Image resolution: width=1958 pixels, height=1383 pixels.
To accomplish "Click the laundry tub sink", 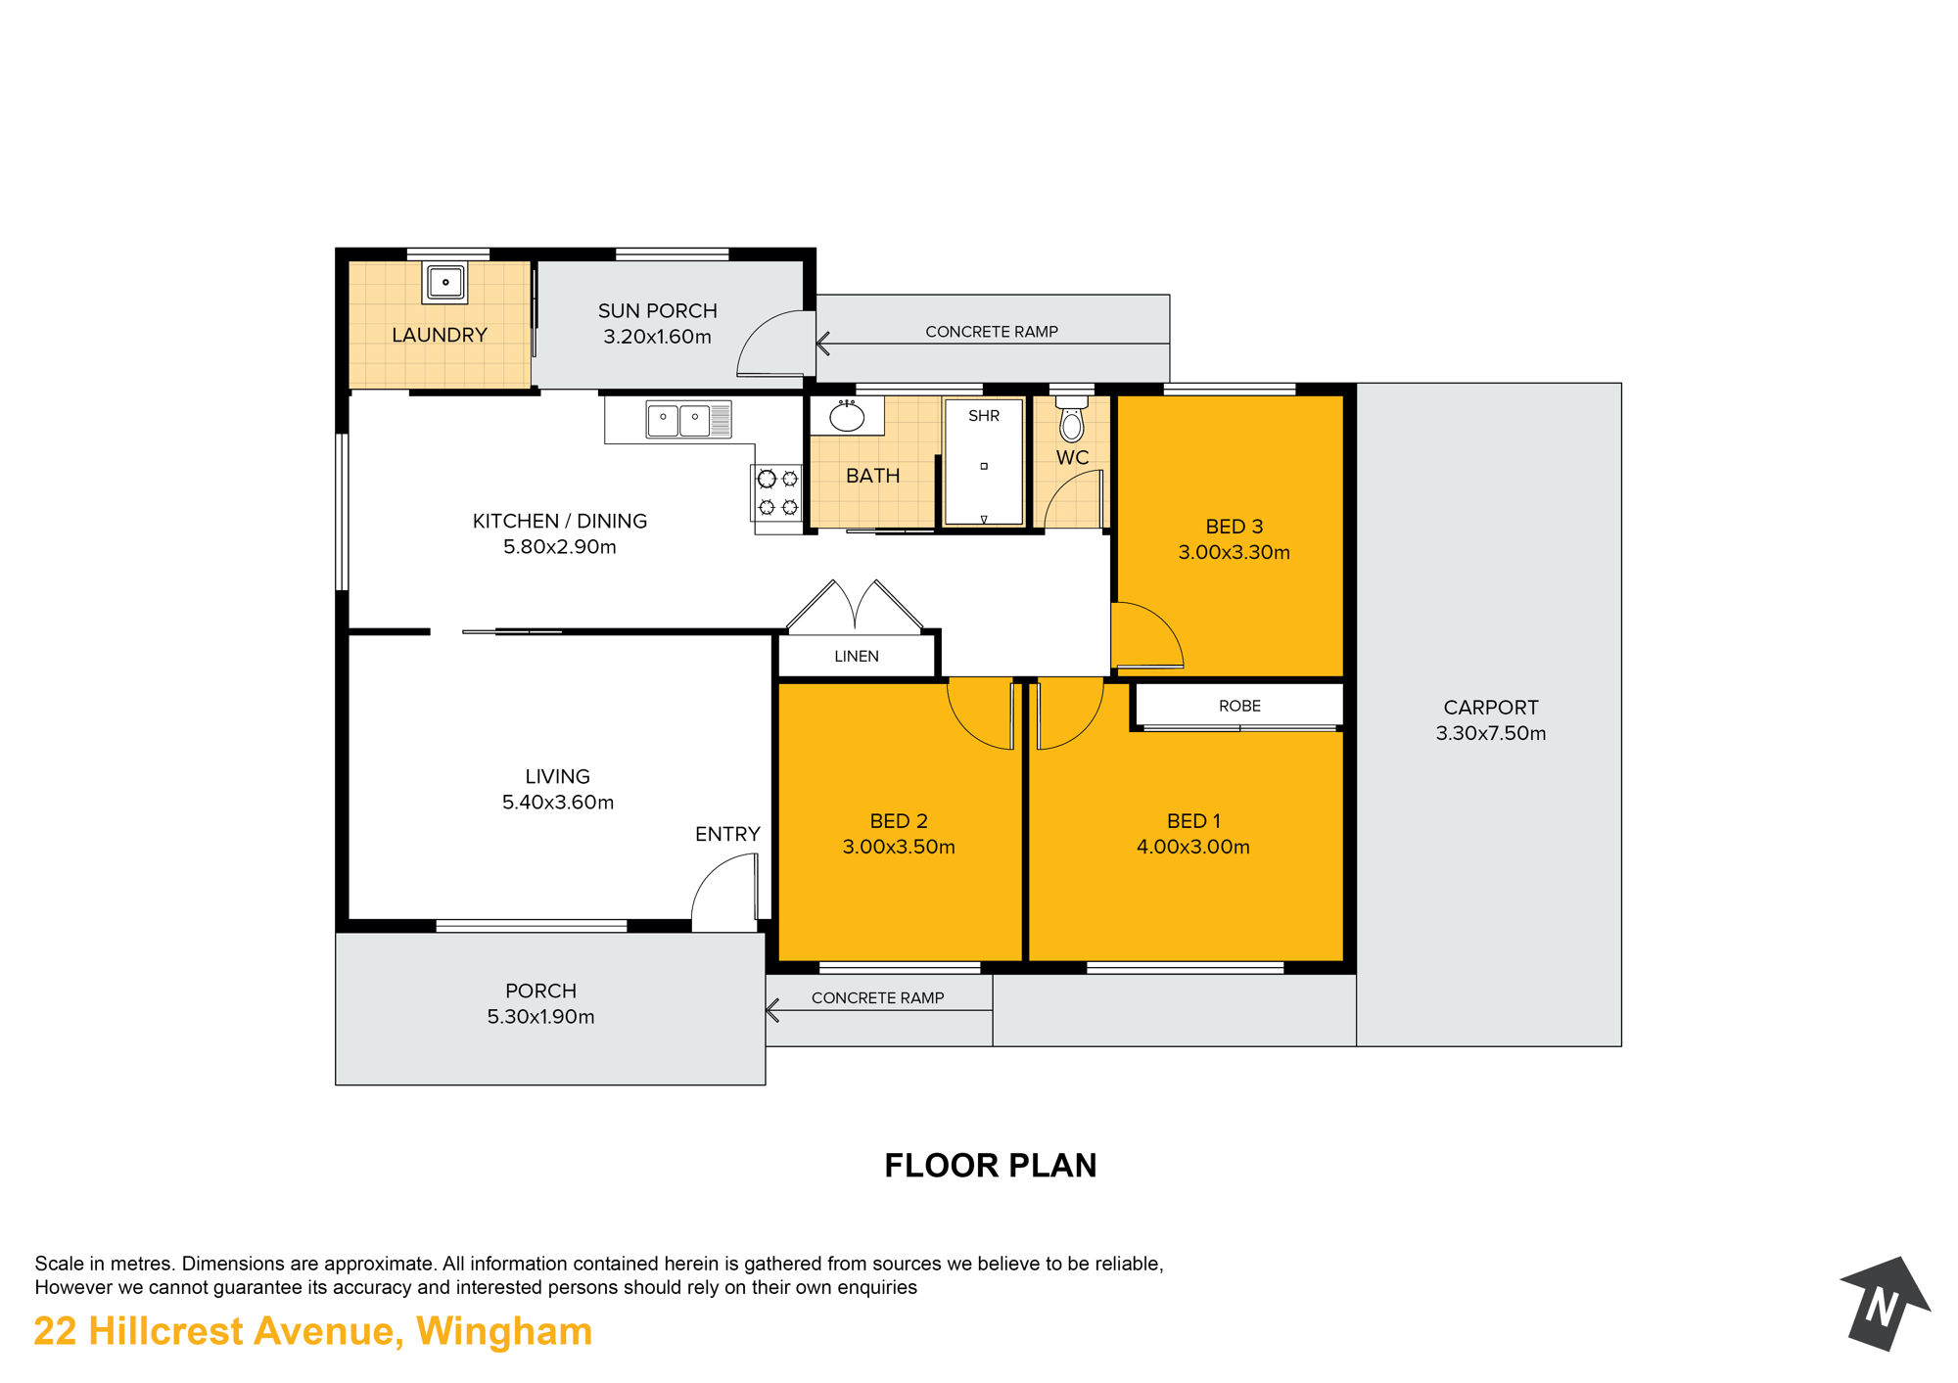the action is [444, 282].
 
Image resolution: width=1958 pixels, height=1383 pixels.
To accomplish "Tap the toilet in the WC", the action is [1072, 418].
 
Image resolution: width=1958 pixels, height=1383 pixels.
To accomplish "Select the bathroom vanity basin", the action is [847, 416].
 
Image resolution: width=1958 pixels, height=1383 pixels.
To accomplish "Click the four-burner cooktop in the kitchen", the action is [777, 492].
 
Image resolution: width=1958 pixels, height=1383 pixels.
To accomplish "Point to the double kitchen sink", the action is [688, 420].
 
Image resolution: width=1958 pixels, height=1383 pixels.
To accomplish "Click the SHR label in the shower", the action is [984, 416].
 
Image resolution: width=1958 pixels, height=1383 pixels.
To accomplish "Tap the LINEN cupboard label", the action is [857, 656].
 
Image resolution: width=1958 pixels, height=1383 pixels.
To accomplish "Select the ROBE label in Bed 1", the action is [1239, 706].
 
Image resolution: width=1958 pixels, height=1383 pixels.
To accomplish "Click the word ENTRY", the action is [727, 834].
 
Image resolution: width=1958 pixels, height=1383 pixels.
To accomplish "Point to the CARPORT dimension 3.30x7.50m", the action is [1491, 733].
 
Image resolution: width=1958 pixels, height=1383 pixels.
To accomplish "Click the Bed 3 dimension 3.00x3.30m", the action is [1234, 552].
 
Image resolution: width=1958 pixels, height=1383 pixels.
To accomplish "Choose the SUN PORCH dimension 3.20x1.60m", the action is [657, 337].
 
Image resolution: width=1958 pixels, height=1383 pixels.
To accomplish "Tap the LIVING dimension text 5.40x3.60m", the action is [558, 803].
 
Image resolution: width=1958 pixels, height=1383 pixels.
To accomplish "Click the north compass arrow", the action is [1885, 1303].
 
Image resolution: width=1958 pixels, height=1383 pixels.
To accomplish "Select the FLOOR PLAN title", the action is [991, 1166].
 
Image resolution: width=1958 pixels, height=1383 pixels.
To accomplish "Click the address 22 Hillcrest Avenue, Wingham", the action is [313, 1332].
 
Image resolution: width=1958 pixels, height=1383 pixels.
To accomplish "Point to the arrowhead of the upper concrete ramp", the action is [822, 344].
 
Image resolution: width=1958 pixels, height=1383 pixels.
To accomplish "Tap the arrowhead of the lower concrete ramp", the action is [771, 1010].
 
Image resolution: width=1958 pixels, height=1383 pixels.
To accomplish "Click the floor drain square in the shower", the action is [984, 466].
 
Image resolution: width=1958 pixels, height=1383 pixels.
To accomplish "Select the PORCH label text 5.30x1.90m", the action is [540, 1017].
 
